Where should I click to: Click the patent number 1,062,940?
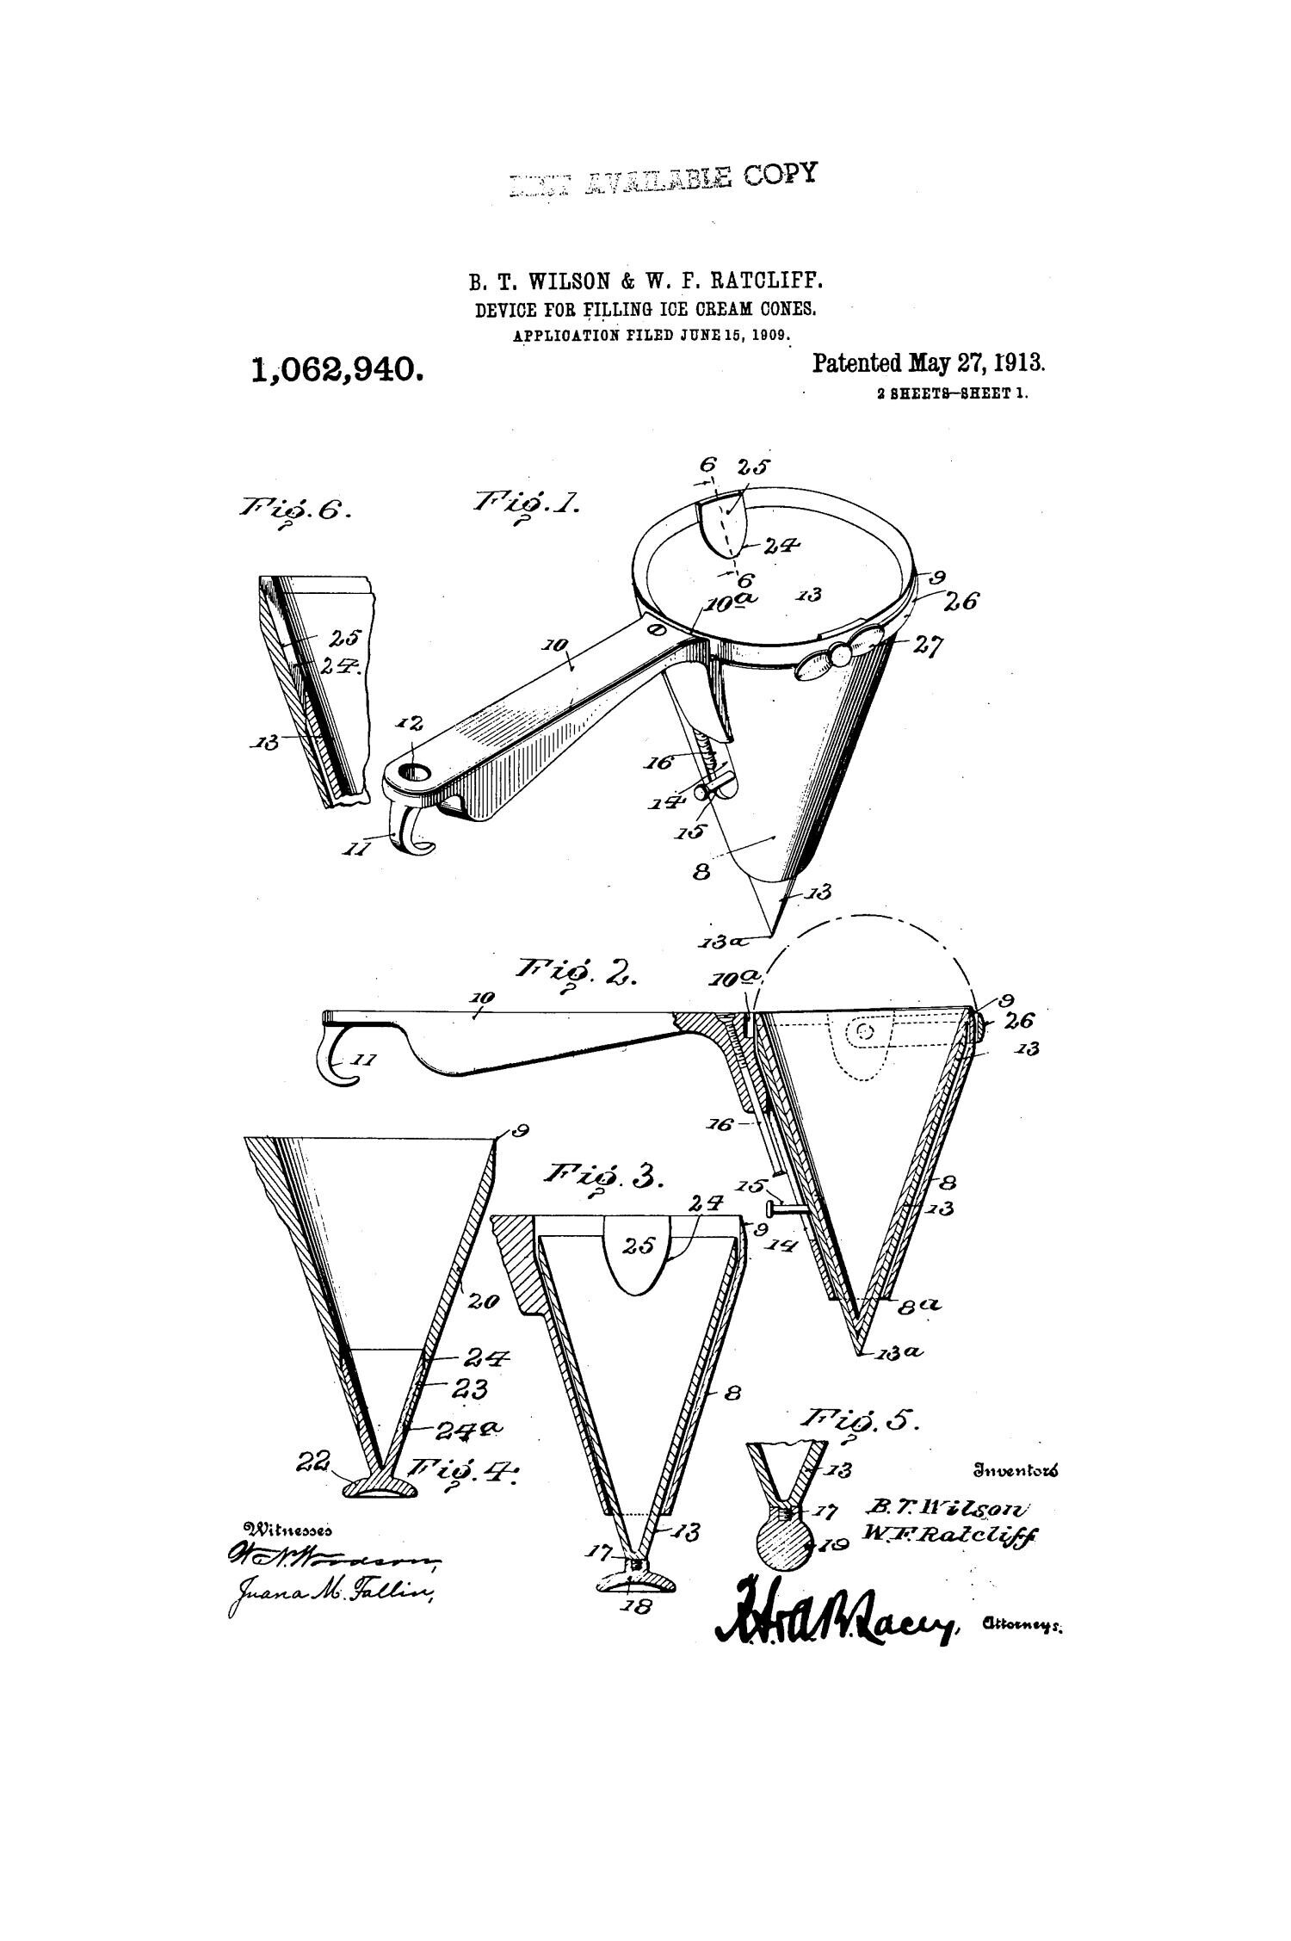pos(337,370)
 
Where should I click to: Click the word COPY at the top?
pos(780,175)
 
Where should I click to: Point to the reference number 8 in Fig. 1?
pos(701,872)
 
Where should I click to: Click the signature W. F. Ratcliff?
pos(950,1536)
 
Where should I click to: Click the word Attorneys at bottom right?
pos(1022,1625)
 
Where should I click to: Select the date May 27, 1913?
pos(977,362)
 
